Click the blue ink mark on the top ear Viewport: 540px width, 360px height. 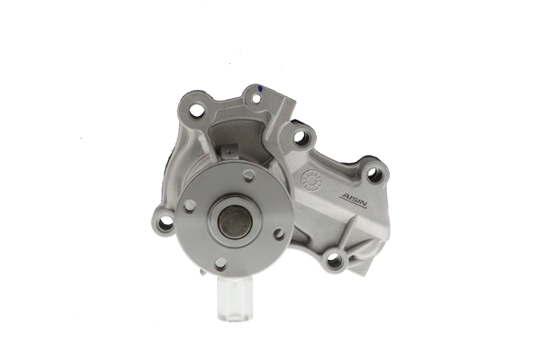pyautogui.click(x=258, y=88)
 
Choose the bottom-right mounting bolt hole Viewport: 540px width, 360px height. pyautogui.click(x=334, y=261)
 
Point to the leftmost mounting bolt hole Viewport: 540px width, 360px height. pyautogui.click(x=165, y=221)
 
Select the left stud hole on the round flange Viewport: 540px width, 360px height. pyautogui.click(x=191, y=206)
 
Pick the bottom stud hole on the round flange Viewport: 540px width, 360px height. pyautogui.click(x=220, y=263)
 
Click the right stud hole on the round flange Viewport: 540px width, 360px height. pyautogui.click(x=280, y=233)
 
